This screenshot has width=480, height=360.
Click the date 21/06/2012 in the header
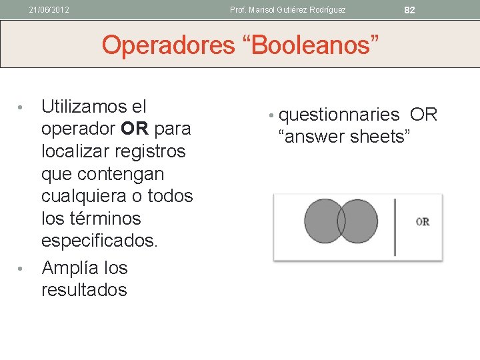(49, 10)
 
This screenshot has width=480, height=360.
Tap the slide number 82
(409, 10)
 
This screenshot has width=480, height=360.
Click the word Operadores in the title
(169, 45)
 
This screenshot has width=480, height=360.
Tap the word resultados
(84, 290)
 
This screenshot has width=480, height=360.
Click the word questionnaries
(339, 115)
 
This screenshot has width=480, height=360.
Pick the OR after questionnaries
(423, 115)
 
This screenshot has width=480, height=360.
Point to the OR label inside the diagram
(422, 221)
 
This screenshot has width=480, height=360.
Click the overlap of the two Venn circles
(341, 221)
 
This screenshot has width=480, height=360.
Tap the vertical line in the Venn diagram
(395, 227)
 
